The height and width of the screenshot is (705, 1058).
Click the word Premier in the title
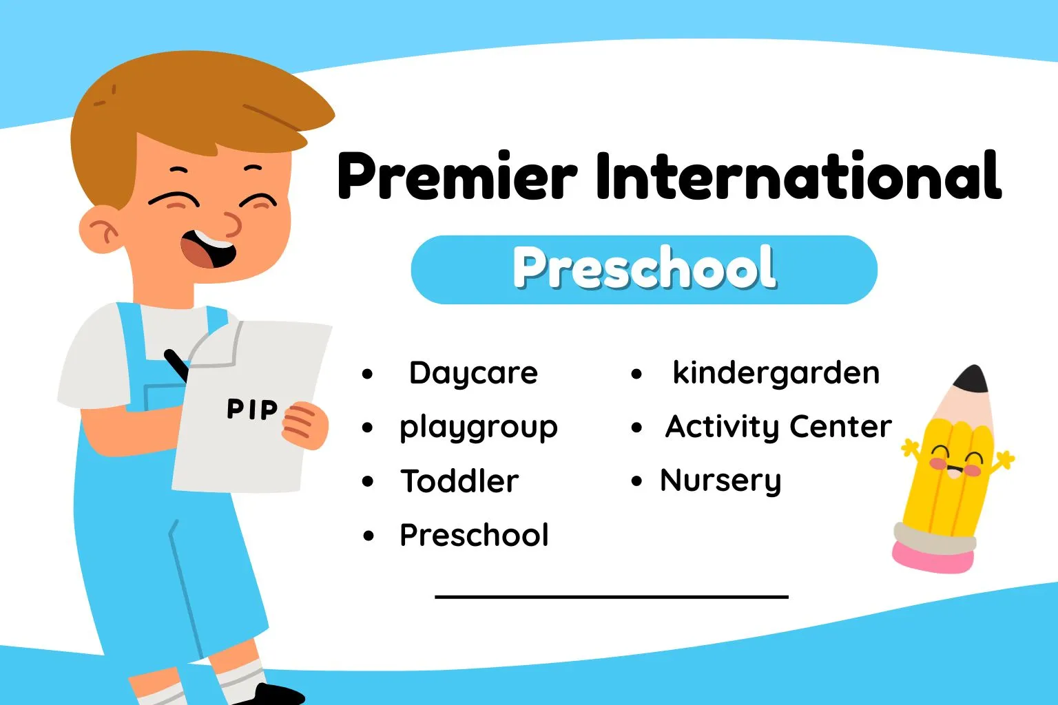pos(457,176)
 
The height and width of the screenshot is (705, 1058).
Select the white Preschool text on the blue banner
pos(644,268)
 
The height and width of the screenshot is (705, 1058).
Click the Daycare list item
pos(473,373)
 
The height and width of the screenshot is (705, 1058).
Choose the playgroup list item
pos(478,428)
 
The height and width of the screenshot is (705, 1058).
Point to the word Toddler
pos(459,481)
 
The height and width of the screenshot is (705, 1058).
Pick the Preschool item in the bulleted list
pos(474,535)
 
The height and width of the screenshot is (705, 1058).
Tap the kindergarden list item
pos(776,373)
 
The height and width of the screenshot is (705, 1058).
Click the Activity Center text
pos(778,427)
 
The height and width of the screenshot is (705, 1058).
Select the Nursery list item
pos(720,481)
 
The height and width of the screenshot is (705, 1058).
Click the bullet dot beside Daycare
pos(367,375)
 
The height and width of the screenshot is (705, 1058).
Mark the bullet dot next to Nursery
pos(636,482)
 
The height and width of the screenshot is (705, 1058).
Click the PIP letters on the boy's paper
pos(251,410)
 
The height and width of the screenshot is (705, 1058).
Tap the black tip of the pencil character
pos(973,379)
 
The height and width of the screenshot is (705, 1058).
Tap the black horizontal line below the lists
pos(612,596)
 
